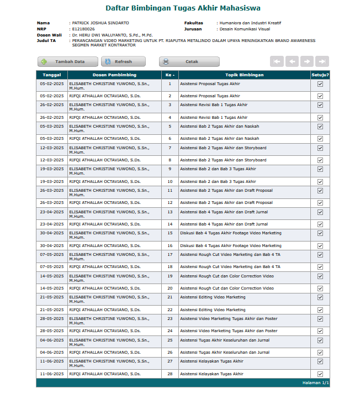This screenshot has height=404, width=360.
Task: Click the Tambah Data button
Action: (x=64, y=62)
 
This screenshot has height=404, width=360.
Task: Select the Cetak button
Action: (x=189, y=62)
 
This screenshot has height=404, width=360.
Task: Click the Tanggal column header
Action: (x=52, y=75)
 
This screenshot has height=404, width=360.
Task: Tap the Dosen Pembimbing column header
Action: (x=114, y=75)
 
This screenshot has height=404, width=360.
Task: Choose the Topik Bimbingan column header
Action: (x=244, y=75)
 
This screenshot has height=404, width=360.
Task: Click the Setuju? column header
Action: (x=320, y=75)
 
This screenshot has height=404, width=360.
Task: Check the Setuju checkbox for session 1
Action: (x=320, y=85)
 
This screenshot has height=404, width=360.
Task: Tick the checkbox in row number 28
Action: (x=320, y=374)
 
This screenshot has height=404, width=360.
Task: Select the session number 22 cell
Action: (x=170, y=310)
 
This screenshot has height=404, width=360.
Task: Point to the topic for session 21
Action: (x=213, y=297)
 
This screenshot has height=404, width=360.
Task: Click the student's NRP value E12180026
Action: (x=83, y=29)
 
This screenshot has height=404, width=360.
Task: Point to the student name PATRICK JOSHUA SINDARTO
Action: (x=100, y=23)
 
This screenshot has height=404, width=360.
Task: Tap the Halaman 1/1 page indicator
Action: (x=315, y=382)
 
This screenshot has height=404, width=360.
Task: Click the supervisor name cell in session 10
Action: (x=105, y=181)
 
